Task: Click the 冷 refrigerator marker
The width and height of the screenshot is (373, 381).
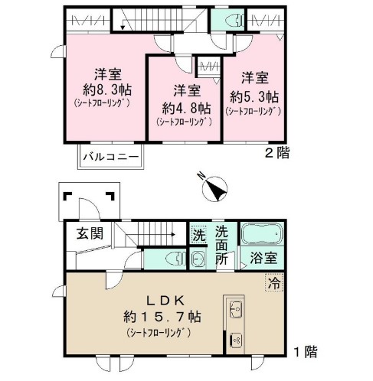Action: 274,282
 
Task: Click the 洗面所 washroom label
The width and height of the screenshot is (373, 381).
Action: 221,245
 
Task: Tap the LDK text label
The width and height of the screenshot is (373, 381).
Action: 162,298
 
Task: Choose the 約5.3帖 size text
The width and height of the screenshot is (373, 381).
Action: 253,97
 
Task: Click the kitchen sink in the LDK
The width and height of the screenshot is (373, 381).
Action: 235,312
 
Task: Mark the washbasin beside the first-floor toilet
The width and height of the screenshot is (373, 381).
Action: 197,259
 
